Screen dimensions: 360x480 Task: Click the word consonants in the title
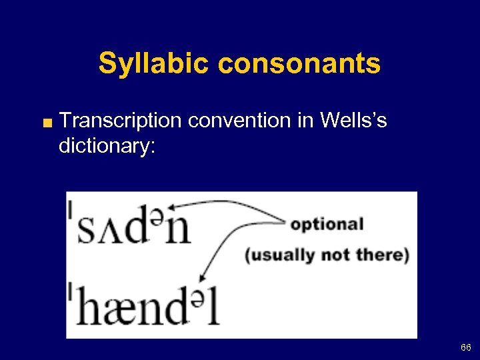pyautogui.click(x=299, y=64)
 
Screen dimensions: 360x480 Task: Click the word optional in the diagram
pyautogui.click(x=327, y=224)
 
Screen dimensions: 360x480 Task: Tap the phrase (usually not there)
pyautogui.click(x=327, y=255)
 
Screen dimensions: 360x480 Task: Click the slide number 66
pyautogui.click(x=465, y=347)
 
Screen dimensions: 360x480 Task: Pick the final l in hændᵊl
pyautogui.click(x=213, y=304)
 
